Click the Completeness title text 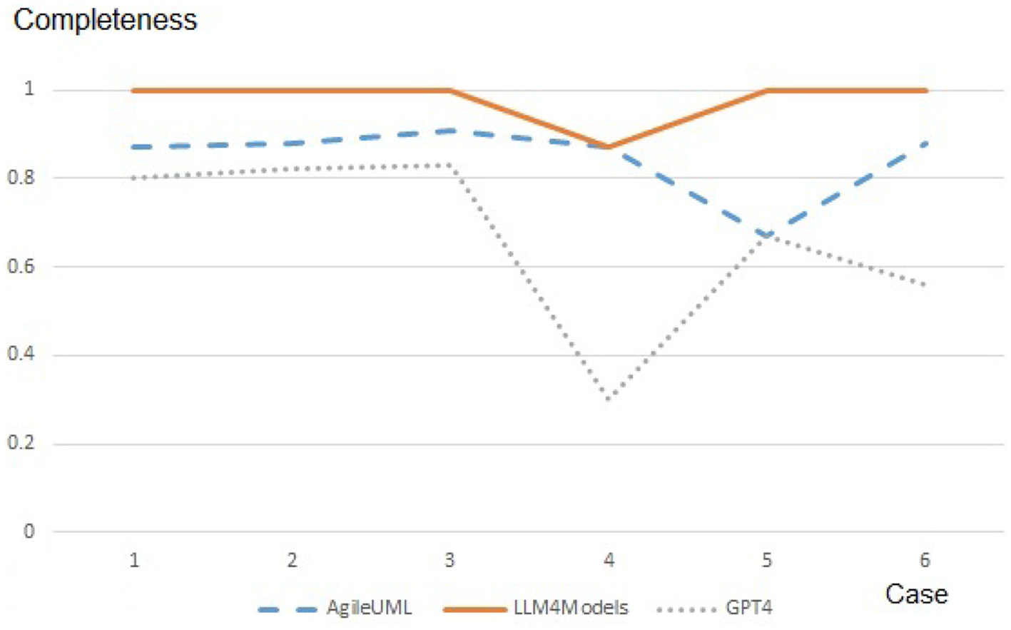[x=105, y=20]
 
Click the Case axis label [x=916, y=594]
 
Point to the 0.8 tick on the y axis [x=21, y=178]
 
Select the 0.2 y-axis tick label [x=21, y=443]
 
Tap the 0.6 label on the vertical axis [x=21, y=266]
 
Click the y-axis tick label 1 [x=29, y=88]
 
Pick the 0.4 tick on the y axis [x=21, y=355]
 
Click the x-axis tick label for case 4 [x=609, y=561]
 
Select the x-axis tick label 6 [x=925, y=561]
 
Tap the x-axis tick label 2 [x=292, y=561]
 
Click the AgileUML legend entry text [x=369, y=608]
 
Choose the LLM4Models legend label [x=571, y=608]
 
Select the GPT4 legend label [x=748, y=608]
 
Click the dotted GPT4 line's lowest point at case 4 [x=609, y=398]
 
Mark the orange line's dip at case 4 [x=609, y=147]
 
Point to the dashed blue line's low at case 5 [x=767, y=235]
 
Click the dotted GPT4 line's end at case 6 [x=925, y=285]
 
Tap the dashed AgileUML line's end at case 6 [x=925, y=143]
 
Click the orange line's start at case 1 [x=134, y=91]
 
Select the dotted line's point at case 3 [x=450, y=165]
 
